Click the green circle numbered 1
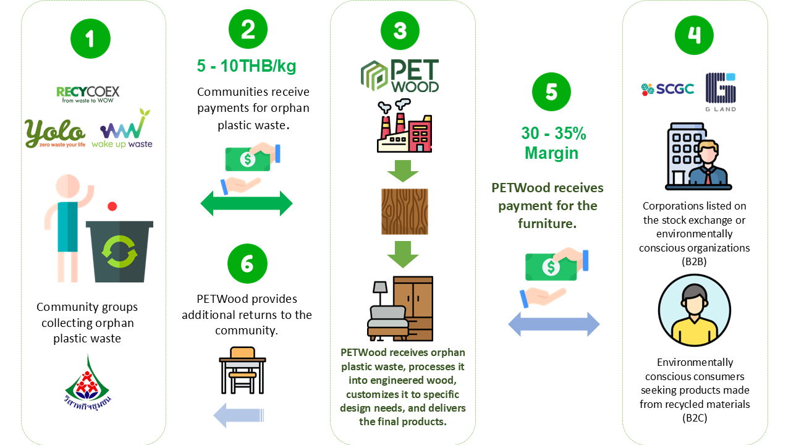point(90,39)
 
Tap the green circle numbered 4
point(694,35)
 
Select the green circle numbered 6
point(247,264)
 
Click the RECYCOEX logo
point(88,93)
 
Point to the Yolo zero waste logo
point(56,133)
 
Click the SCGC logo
point(667,89)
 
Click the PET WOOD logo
point(400,75)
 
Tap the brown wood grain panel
point(404,211)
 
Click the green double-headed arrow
point(247,203)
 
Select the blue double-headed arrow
point(554,324)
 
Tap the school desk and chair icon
point(242,370)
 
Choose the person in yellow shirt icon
point(695,311)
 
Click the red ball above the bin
point(112,206)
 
